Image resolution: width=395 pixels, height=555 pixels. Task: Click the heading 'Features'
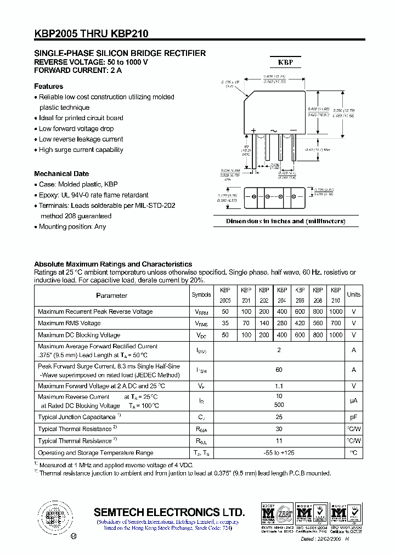click(48, 86)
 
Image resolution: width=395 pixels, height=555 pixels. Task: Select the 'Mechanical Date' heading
click(61, 173)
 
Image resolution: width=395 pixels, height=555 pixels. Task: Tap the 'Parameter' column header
click(111, 296)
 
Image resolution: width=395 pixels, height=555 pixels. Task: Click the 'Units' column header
click(354, 295)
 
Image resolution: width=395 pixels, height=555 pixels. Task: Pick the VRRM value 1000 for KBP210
click(336, 312)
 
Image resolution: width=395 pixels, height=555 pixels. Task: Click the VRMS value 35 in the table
click(225, 323)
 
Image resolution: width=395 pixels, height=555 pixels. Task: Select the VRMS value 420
click(300, 323)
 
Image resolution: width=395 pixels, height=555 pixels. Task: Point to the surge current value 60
click(279, 370)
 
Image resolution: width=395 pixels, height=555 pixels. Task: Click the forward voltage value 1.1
click(279, 386)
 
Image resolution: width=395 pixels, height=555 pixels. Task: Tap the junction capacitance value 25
click(279, 417)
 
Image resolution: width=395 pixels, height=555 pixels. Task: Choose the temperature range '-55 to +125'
click(279, 453)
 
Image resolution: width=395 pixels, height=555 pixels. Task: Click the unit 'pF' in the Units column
click(354, 417)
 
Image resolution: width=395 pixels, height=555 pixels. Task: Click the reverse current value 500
click(279, 405)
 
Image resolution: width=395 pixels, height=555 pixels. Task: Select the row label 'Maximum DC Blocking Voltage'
click(79, 335)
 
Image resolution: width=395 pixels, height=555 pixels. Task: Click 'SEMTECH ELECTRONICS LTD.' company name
click(169, 512)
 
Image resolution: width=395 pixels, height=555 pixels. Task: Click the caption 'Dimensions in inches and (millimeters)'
click(286, 221)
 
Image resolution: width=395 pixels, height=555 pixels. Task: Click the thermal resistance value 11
click(279, 441)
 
